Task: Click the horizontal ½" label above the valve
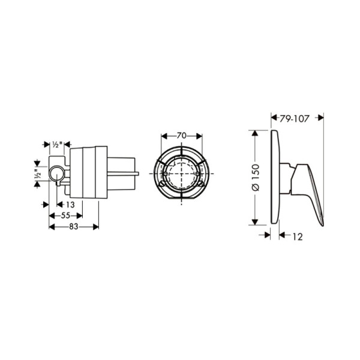click(x=57, y=145)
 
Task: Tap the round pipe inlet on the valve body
click(x=56, y=175)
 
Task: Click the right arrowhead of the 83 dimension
click(x=97, y=226)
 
